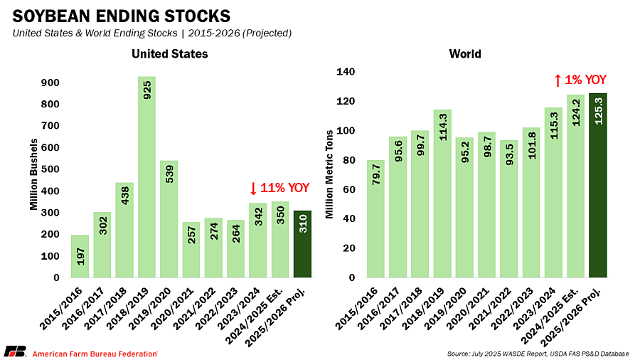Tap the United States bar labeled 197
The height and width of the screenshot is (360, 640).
tap(80, 255)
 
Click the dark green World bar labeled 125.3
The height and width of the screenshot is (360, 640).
tap(599, 185)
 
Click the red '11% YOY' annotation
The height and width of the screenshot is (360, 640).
tap(280, 189)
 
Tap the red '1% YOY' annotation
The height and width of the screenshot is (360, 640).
tap(580, 80)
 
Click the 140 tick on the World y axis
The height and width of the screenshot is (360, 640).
tap(346, 71)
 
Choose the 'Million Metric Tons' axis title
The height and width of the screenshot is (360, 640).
tap(329, 174)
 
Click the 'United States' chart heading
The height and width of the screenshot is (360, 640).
tap(169, 54)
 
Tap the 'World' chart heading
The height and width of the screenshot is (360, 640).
tap(465, 54)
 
